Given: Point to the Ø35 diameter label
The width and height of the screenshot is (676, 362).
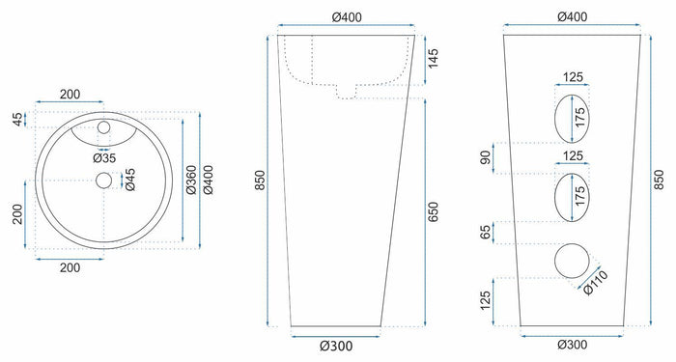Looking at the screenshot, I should (104, 157).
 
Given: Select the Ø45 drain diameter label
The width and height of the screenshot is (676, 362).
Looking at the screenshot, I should (130, 180).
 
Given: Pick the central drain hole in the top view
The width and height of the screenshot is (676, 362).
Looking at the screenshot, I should (104, 180).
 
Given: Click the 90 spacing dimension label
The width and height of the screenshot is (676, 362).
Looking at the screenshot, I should (484, 156).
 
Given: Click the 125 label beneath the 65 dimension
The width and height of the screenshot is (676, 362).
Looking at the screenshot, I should (484, 300).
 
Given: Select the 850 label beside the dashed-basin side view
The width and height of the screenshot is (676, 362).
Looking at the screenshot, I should (260, 181).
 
